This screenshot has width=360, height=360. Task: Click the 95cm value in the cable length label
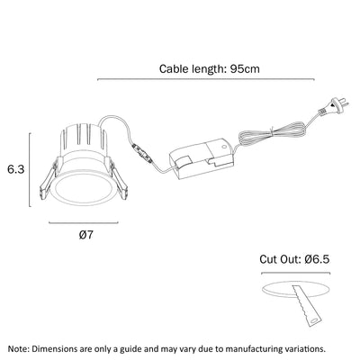(x=245, y=69)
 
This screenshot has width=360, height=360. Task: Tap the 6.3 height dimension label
(x=16, y=169)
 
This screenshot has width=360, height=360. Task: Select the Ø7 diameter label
(x=86, y=235)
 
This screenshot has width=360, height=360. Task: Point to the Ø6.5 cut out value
(x=317, y=259)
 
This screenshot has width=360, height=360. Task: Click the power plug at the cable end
(x=334, y=108)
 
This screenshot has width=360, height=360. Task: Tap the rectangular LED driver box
(x=202, y=158)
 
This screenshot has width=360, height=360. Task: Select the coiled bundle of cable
(x=272, y=133)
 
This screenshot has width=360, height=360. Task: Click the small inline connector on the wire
(x=142, y=153)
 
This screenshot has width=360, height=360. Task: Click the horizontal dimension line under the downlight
(x=84, y=222)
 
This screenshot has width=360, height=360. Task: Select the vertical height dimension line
(x=30, y=169)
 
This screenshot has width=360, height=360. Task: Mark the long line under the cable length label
(x=206, y=79)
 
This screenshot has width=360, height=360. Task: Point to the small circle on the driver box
(x=223, y=147)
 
